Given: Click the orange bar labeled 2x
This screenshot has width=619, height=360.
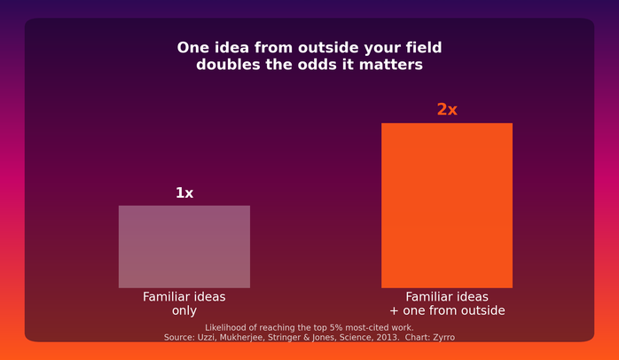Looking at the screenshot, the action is [447, 205].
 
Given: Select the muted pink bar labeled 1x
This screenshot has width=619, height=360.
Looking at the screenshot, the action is [184, 247].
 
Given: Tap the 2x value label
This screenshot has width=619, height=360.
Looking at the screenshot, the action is [447, 109].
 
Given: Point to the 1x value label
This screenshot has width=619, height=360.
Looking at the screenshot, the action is [184, 193].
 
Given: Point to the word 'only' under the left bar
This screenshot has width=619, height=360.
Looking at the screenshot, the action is [184, 310].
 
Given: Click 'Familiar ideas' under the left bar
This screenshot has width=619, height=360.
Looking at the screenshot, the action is [184, 297].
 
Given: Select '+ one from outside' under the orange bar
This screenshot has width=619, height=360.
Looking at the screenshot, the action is [447, 310].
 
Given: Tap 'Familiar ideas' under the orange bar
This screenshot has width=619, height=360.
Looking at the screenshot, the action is [447, 297].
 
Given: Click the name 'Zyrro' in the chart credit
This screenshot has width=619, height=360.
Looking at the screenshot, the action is [444, 338].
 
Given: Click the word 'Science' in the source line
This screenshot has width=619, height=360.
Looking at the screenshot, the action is [358, 338].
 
